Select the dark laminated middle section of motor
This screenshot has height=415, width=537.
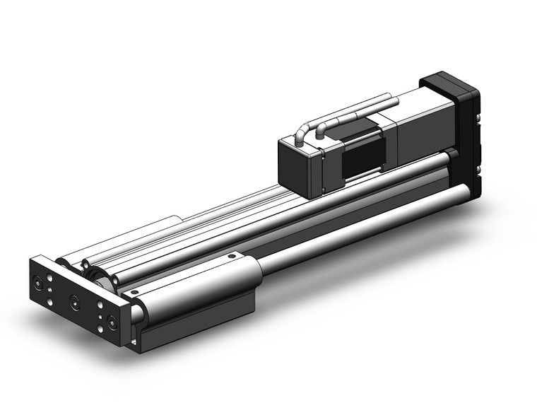tap(362, 151)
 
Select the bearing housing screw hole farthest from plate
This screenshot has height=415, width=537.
tap(231, 255)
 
